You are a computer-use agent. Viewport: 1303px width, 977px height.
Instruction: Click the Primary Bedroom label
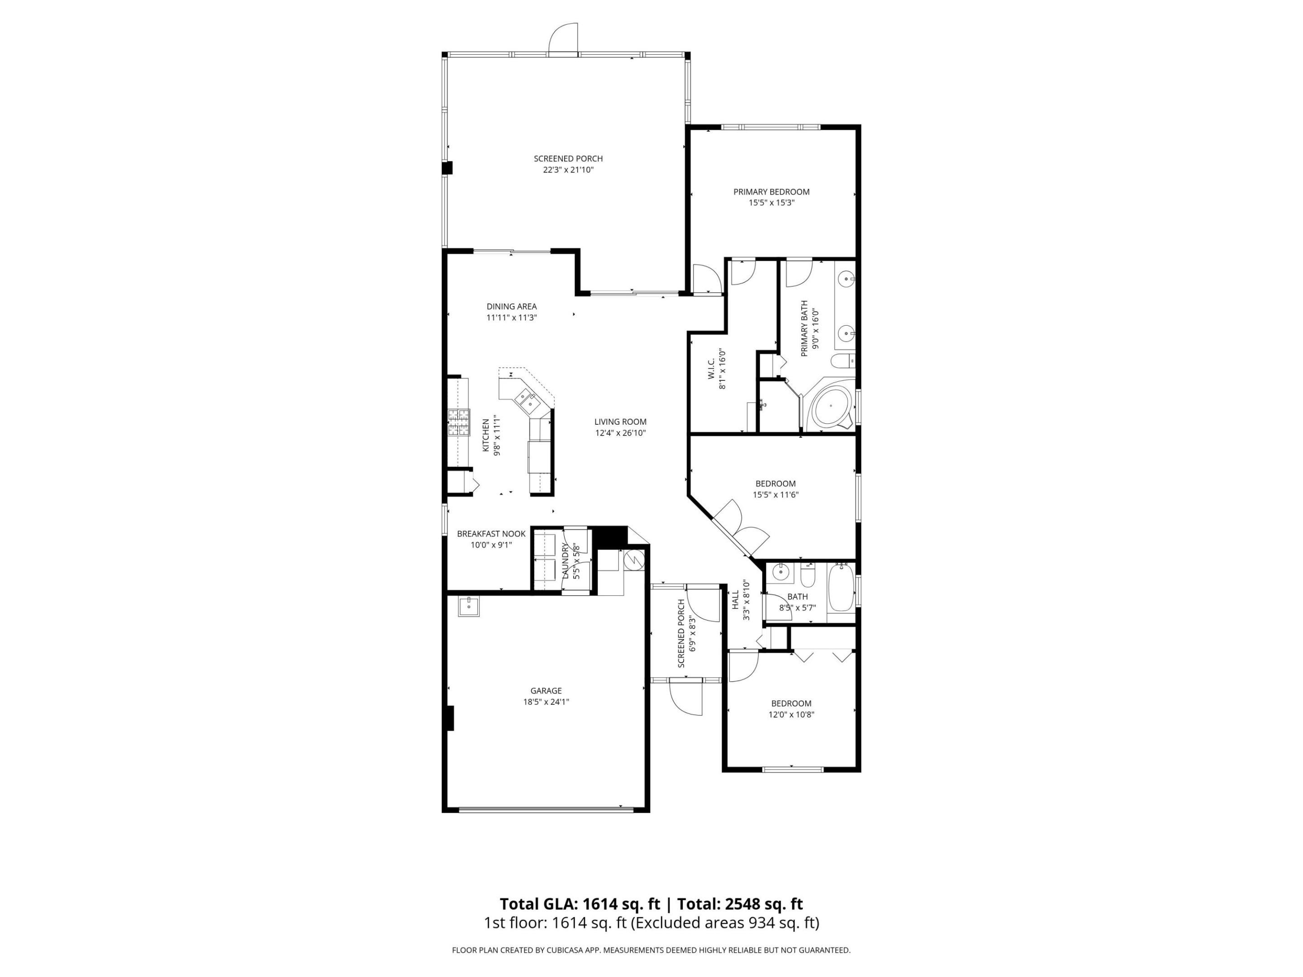click(x=771, y=191)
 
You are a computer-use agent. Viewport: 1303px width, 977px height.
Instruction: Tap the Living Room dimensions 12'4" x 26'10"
click(x=620, y=433)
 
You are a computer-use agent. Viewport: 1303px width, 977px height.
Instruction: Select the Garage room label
click(x=546, y=691)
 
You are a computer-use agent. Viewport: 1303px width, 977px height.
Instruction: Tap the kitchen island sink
click(x=526, y=400)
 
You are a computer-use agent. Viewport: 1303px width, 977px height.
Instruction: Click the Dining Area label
click(x=511, y=306)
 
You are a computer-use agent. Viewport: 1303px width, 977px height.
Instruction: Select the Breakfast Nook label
click(x=491, y=534)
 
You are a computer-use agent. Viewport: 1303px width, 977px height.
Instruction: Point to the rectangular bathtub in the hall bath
click(x=841, y=588)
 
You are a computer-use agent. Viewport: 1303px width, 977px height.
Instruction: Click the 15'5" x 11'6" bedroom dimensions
click(x=775, y=495)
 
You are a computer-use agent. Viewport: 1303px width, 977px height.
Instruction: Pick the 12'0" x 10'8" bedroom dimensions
click(x=791, y=714)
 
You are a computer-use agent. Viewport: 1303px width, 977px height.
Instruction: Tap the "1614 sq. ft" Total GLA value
click(x=622, y=904)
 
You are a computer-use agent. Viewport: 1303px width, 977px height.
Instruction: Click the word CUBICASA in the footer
click(x=569, y=950)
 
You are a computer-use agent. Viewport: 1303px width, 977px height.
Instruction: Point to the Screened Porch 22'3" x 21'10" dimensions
click(x=568, y=170)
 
